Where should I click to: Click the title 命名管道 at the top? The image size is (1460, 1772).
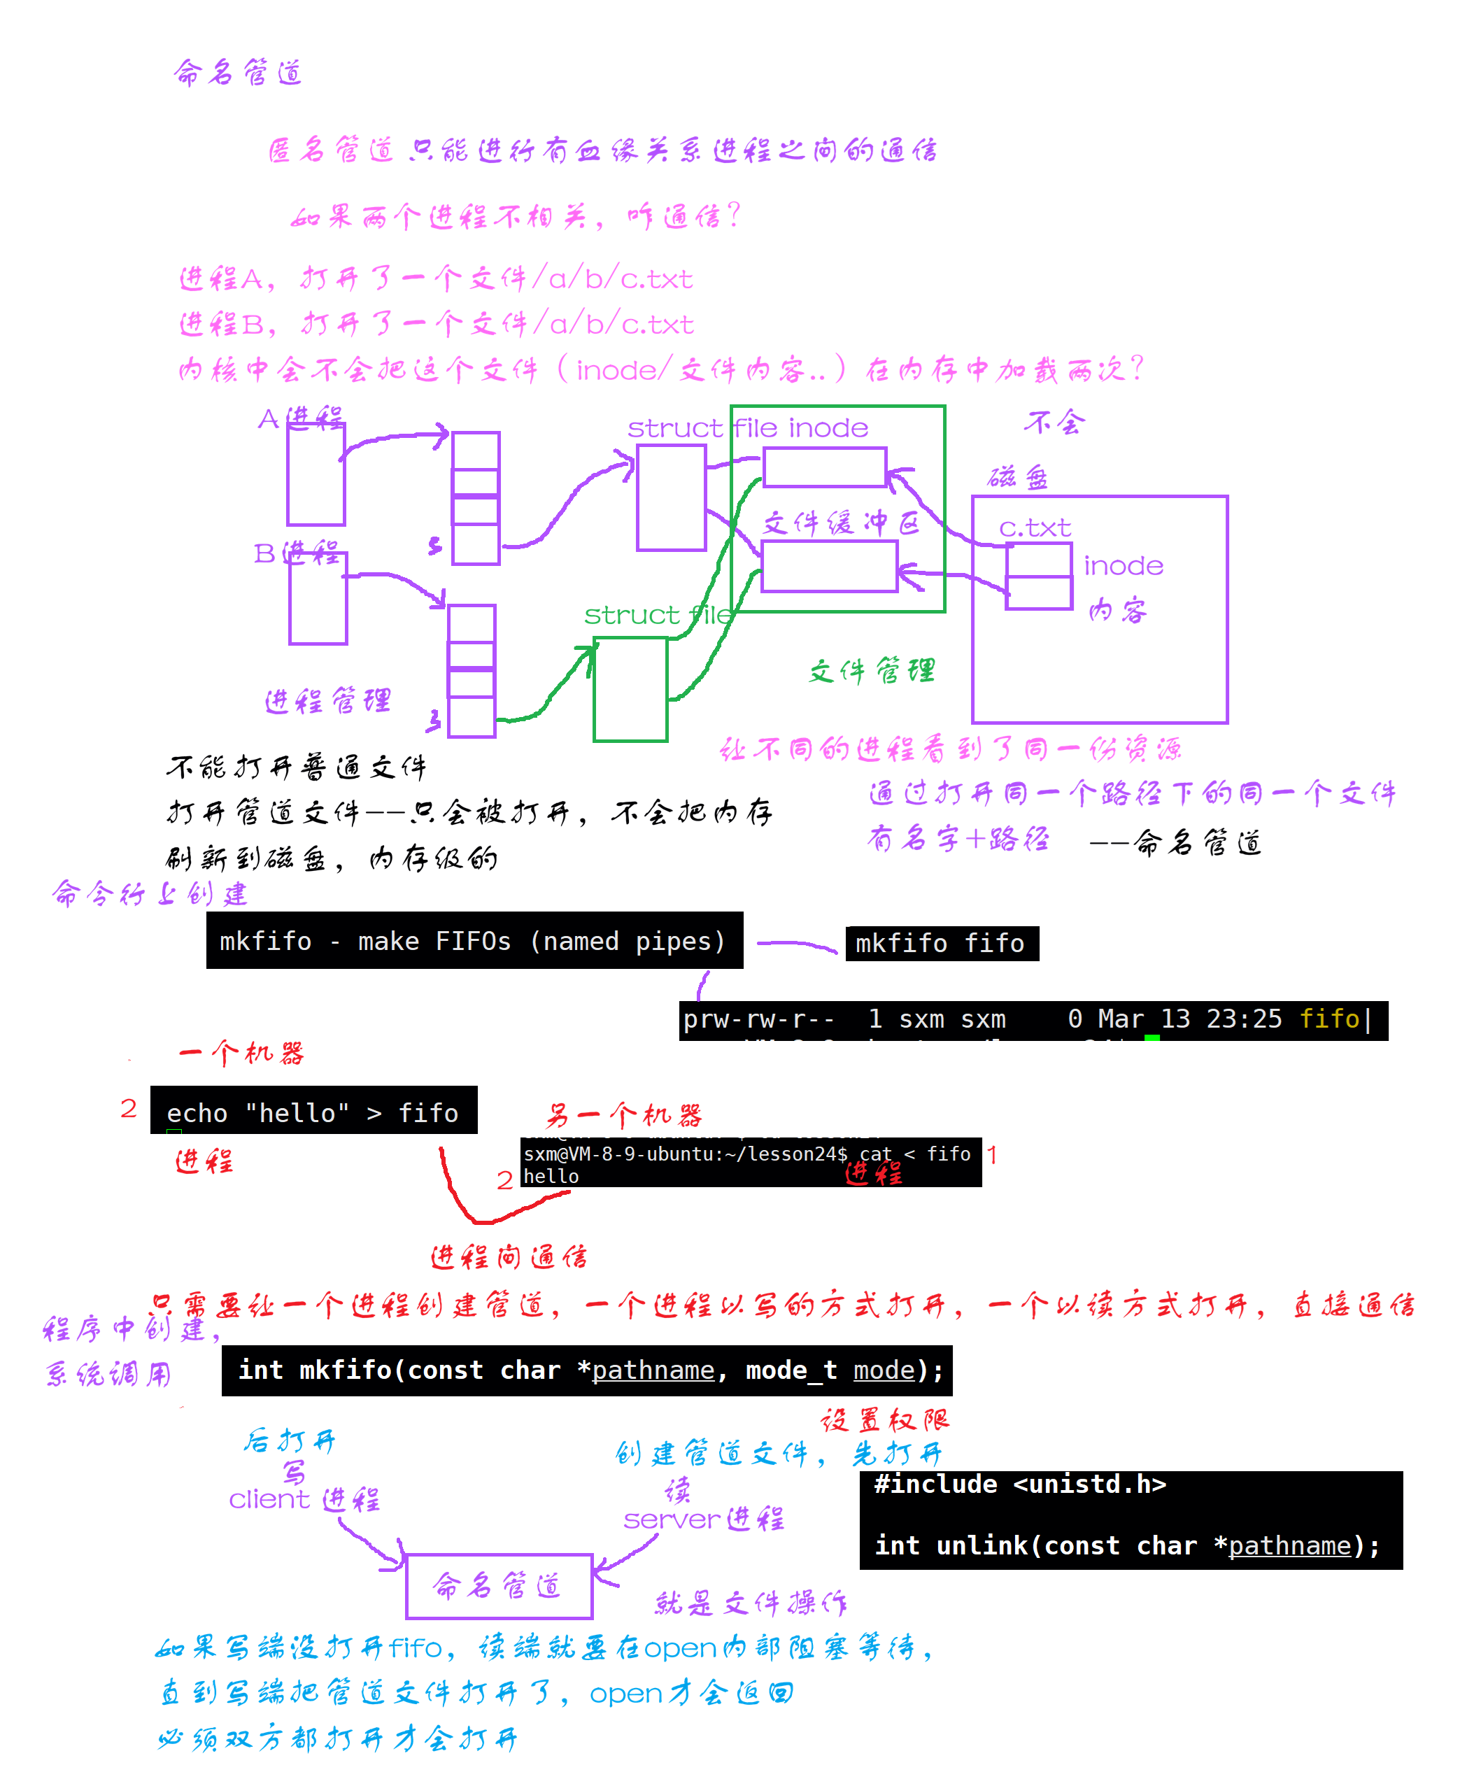coord(238,73)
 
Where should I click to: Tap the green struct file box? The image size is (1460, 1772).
coord(630,689)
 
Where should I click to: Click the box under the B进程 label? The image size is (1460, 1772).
coord(318,598)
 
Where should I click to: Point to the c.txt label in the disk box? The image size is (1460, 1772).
coord(1035,528)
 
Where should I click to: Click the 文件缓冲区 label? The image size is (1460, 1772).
coord(840,523)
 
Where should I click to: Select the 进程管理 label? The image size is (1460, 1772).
coord(328,700)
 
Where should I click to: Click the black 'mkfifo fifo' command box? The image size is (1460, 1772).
coord(941,943)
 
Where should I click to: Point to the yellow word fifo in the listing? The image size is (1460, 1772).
coord(1328,1019)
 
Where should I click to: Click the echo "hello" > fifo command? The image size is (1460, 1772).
coord(313,1112)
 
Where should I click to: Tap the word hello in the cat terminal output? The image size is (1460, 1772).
coord(551,1177)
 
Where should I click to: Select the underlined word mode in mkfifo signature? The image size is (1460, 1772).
coord(883,1370)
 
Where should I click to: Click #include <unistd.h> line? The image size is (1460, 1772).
coord(1019,1484)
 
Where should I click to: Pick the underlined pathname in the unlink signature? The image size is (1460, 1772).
coord(1289,1546)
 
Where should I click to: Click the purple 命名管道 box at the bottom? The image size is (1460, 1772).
coord(499,1585)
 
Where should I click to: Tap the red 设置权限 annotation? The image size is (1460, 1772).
coord(885,1420)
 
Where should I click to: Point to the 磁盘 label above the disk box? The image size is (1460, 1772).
coord(1018,478)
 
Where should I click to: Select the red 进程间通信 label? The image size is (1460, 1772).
coord(509,1256)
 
